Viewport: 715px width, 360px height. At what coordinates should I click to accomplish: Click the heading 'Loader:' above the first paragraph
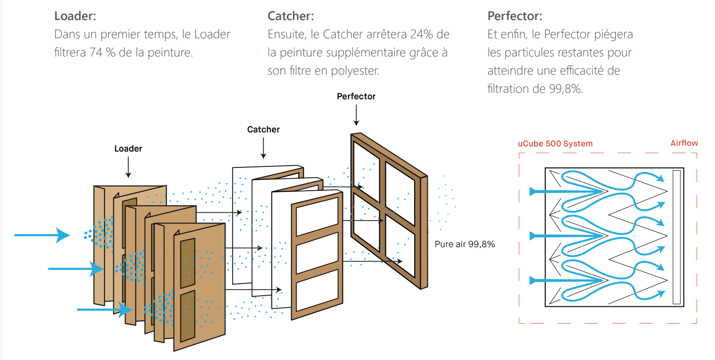point(75,16)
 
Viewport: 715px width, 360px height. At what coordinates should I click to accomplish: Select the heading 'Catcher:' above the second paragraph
point(291,16)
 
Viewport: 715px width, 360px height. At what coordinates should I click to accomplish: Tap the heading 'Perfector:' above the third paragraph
point(515,16)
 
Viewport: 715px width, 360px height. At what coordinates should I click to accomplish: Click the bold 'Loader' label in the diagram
point(128,149)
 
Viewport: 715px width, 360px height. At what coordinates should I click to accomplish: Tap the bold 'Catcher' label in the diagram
point(264,129)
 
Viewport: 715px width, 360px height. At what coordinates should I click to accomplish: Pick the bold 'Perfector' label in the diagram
point(356,97)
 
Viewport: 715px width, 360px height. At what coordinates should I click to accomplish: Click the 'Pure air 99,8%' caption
point(465,244)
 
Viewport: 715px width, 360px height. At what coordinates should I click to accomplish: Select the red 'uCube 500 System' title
point(555,144)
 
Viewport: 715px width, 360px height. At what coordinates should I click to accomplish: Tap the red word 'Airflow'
point(684,143)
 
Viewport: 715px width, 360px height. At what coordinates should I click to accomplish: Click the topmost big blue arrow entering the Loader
point(42,235)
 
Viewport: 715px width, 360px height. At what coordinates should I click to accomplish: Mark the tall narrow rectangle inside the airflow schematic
point(677,237)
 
